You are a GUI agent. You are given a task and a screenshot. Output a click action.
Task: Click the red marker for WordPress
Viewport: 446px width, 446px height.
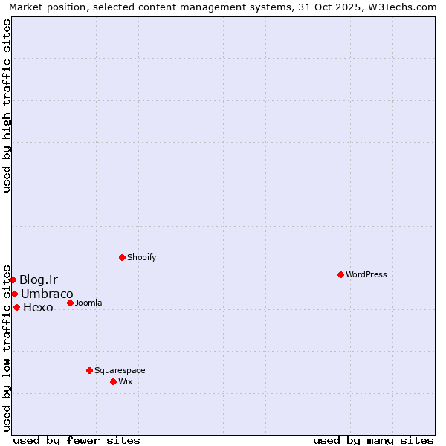click(341, 274)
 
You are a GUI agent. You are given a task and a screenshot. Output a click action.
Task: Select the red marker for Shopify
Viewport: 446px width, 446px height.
click(123, 257)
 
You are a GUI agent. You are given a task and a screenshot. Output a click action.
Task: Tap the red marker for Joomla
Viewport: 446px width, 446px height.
click(71, 303)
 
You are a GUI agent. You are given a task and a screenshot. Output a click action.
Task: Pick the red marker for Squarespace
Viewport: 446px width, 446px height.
click(90, 370)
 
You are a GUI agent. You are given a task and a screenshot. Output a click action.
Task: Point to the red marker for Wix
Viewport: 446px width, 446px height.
click(114, 381)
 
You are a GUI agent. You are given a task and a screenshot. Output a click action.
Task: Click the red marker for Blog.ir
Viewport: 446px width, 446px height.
click(13, 279)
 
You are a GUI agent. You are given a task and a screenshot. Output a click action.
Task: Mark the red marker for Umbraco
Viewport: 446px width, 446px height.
click(14, 294)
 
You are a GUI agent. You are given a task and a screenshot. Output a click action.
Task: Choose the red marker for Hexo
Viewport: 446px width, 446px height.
click(16, 307)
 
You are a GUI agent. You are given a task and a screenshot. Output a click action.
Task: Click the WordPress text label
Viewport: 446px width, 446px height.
click(366, 274)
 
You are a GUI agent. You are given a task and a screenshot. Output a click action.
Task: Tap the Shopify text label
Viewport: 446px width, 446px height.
click(142, 257)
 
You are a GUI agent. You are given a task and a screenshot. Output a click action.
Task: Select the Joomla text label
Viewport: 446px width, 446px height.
click(89, 303)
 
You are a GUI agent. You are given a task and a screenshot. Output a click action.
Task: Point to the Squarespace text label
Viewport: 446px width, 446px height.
click(120, 370)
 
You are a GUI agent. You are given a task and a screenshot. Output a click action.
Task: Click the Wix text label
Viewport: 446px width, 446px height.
click(126, 381)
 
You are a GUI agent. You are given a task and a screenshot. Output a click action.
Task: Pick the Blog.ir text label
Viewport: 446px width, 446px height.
click(39, 279)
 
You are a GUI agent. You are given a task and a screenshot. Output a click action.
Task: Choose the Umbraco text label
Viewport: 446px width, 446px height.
click(47, 294)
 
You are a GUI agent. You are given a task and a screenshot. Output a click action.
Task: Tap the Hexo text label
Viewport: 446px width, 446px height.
click(39, 308)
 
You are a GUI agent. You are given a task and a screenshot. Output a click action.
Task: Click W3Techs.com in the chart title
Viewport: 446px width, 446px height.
click(402, 7)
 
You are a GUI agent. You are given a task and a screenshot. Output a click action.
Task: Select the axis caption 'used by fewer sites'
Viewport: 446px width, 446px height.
click(77, 440)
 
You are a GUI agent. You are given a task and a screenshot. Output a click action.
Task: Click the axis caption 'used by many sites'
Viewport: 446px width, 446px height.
click(373, 440)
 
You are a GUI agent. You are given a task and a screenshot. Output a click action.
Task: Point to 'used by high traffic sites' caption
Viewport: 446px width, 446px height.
click(7, 106)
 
